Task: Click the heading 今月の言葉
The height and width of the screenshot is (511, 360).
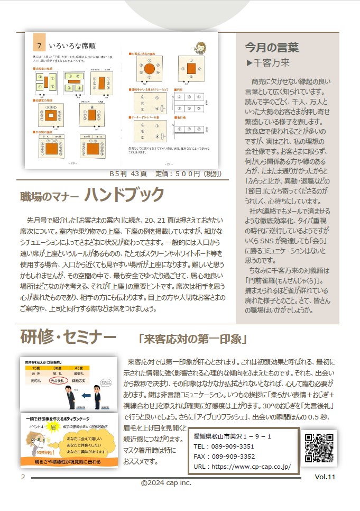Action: pyautogui.click(x=272, y=48)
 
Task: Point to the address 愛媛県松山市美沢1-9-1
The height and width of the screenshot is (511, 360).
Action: pyautogui.click(x=233, y=436)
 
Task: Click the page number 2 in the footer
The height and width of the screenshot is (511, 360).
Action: pyautogui.click(x=23, y=477)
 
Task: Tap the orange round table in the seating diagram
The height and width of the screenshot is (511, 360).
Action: pyautogui.click(x=149, y=69)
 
